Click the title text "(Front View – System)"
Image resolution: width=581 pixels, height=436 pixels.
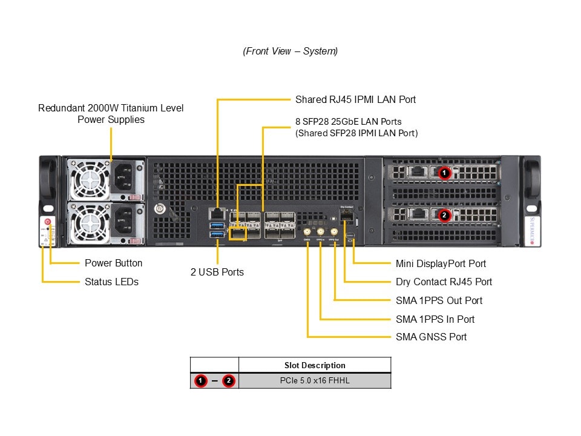click(290, 51)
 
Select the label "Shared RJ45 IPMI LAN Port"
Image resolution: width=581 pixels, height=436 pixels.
click(355, 99)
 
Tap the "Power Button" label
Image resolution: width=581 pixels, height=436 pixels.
click(113, 263)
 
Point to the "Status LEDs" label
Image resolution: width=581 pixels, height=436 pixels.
click(111, 282)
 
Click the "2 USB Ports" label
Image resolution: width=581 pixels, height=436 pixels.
click(217, 272)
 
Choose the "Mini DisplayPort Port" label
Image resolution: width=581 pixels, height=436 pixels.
click(441, 263)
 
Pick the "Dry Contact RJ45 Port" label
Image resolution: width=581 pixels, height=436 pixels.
click(444, 282)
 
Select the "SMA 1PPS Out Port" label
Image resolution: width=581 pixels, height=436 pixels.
click(439, 300)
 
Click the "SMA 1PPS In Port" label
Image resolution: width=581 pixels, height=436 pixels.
click(435, 319)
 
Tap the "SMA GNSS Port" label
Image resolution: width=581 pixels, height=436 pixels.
click(431, 337)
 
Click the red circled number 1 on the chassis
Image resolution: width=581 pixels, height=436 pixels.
click(444, 173)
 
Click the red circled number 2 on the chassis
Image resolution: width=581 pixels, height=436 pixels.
click(444, 215)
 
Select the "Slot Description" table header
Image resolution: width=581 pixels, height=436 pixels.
click(315, 365)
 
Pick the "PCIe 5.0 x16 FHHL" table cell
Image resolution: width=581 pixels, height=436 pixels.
click(315, 381)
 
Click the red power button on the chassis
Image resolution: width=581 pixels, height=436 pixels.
click(47, 222)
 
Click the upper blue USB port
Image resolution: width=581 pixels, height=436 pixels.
click(217, 225)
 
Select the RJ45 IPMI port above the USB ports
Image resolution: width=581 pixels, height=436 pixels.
click(216, 213)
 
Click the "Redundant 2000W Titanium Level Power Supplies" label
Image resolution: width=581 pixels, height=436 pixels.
click(111, 114)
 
